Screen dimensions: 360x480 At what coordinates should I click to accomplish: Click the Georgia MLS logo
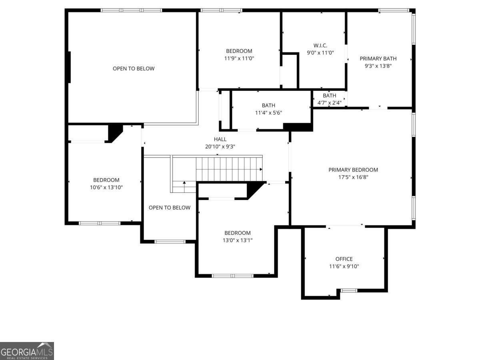pyautogui.click(x=27, y=351)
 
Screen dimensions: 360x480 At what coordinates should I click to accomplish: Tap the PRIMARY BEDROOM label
pyautogui.click(x=353, y=170)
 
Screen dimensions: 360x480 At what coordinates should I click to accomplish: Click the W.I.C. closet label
pyautogui.click(x=320, y=46)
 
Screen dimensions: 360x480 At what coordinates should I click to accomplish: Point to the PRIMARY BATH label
pyautogui.click(x=378, y=58)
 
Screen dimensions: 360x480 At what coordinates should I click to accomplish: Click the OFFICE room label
pyautogui.click(x=344, y=259)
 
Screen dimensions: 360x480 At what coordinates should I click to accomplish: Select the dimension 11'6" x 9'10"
pyautogui.click(x=344, y=266)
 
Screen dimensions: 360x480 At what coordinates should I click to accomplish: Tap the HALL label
pyautogui.click(x=220, y=139)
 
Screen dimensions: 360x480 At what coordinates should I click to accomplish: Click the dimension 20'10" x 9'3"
pyautogui.click(x=220, y=146)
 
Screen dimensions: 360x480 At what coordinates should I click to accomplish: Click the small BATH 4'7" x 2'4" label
pyautogui.click(x=329, y=99)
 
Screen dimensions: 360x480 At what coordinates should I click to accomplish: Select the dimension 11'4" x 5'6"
pyautogui.click(x=268, y=112)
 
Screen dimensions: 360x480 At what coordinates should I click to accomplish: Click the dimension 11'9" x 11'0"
pyautogui.click(x=239, y=58)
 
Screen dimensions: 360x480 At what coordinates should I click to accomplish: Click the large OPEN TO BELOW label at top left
pyautogui.click(x=133, y=68)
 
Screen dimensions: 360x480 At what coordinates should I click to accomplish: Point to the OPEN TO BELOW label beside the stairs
pyautogui.click(x=170, y=208)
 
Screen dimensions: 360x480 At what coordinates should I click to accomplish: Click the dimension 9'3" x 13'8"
pyautogui.click(x=378, y=66)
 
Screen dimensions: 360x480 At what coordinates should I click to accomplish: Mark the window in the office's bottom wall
pyautogui.click(x=348, y=290)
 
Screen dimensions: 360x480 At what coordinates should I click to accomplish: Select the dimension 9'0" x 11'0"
pyautogui.click(x=320, y=52)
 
